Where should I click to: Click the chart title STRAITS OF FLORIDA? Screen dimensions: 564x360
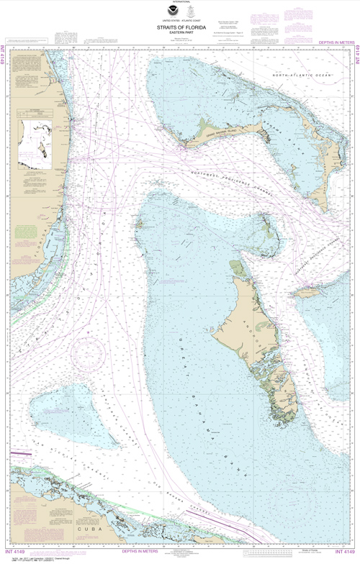[x=180, y=27]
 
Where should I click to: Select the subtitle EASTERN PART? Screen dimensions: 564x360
[x=180, y=33]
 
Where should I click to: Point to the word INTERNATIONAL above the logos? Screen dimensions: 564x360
[x=180, y=4]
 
